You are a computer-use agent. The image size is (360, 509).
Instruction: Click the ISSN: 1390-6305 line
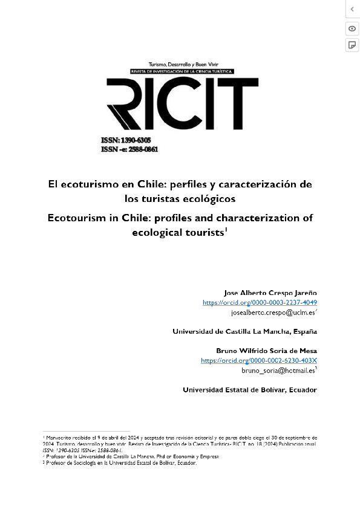[126, 141]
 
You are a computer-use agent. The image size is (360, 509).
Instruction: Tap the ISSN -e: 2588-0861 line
[129, 149]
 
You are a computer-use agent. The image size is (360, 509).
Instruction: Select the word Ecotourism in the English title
[77, 218]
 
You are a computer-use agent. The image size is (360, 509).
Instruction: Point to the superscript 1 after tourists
[226, 229]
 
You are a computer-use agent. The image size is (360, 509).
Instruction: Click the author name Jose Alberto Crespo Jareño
[270, 293]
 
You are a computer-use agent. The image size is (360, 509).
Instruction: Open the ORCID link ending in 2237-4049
[260, 302]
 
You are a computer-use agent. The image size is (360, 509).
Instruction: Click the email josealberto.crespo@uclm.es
[273, 313]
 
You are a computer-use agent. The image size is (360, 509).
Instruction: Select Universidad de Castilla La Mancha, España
[244, 331]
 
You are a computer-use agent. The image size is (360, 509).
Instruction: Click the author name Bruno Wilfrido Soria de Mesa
[266, 351]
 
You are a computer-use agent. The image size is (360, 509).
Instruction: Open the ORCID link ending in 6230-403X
[259, 360]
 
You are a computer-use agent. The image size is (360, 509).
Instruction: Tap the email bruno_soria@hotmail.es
[278, 370]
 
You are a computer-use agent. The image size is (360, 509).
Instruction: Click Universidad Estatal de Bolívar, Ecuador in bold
[250, 390]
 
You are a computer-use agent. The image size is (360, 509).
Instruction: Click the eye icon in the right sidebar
[352, 28]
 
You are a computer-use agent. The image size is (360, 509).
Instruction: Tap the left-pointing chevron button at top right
[352, 9]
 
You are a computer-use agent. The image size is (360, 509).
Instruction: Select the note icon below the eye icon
[352, 45]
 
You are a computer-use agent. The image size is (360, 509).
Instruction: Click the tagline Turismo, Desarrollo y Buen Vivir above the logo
[181, 64]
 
